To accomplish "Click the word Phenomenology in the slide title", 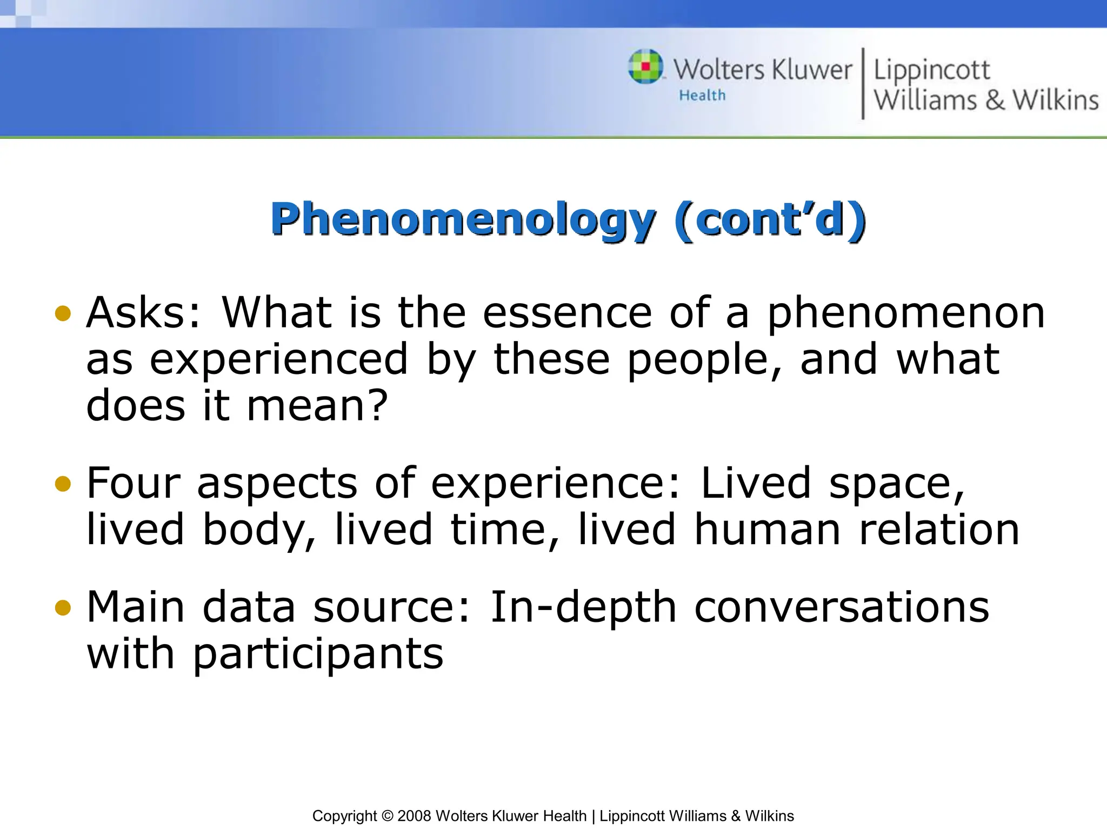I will (463, 220).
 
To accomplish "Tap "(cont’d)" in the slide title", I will (770, 220).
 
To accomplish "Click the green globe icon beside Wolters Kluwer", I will (645, 66).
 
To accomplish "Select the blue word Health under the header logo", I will (702, 96).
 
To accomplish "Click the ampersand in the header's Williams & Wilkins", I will (995, 101).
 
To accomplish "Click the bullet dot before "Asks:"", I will (63, 313).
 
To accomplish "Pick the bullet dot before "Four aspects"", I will (63, 484).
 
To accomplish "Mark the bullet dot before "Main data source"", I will (63, 608).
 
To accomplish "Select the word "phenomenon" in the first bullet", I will (906, 313).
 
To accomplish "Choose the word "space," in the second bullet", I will (897, 484).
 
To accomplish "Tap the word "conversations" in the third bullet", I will (842, 607).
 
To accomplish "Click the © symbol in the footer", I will (387, 816).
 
